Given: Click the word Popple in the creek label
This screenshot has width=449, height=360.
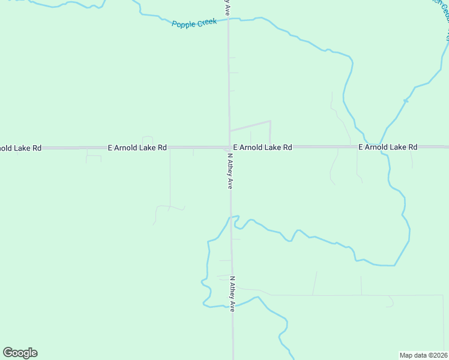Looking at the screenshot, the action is (x=184, y=24).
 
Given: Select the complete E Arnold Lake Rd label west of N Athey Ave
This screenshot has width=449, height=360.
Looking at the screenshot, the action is (x=137, y=147).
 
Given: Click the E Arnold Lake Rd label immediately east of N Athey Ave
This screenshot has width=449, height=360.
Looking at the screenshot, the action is (x=262, y=147).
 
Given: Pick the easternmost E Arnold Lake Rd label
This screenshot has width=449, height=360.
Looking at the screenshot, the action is (x=387, y=147).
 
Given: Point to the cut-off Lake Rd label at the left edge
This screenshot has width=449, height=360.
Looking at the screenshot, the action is (x=20, y=148).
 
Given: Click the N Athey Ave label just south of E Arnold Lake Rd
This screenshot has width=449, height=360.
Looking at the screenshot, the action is (x=229, y=171).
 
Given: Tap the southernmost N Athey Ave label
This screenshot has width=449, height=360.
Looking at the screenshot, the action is (x=232, y=293).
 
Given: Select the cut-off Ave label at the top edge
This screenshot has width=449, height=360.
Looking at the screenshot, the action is (x=228, y=7).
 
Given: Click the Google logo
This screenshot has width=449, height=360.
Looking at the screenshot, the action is (x=20, y=353).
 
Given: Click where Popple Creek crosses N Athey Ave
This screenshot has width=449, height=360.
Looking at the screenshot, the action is (x=228, y=20).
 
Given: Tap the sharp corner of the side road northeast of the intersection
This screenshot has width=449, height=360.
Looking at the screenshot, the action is (x=270, y=121).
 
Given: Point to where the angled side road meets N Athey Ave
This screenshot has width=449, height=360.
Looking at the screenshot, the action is (x=229, y=130).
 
